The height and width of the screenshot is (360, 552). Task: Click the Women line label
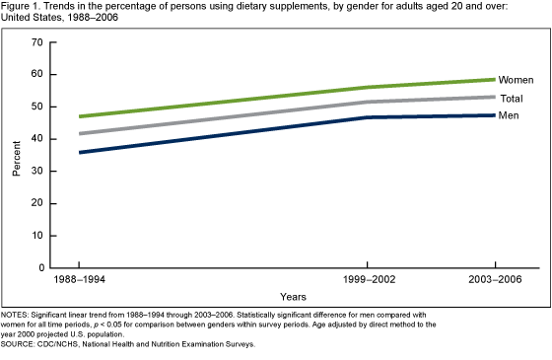tap(517, 79)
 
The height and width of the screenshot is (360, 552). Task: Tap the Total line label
tap(513, 99)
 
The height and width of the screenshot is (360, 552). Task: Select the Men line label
tap(510, 117)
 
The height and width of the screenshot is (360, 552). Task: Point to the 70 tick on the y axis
tap(37, 42)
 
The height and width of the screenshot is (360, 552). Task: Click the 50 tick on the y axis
tap(37, 107)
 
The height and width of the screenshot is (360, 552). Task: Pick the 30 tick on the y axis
tap(37, 171)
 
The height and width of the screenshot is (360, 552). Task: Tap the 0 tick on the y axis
tap(40, 267)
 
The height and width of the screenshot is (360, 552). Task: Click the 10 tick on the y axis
tap(37, 236)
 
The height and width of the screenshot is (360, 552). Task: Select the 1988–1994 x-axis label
tap(79, 281)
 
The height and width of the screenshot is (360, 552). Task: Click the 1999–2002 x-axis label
tap(368, 281)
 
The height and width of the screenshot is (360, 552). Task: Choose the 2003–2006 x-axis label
tap(495, 281)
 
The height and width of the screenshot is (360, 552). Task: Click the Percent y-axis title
tap(16, 156)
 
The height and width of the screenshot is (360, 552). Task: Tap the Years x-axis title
tap(292, 296)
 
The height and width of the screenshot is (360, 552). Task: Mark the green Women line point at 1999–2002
tap(368, 87)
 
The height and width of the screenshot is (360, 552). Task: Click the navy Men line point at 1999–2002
tap(368, 117)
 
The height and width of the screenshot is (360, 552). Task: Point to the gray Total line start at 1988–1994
tap(79, 133)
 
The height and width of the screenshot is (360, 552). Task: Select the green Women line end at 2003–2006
tap(495, 79)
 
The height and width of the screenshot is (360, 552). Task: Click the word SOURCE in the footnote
tap(19, 344)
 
